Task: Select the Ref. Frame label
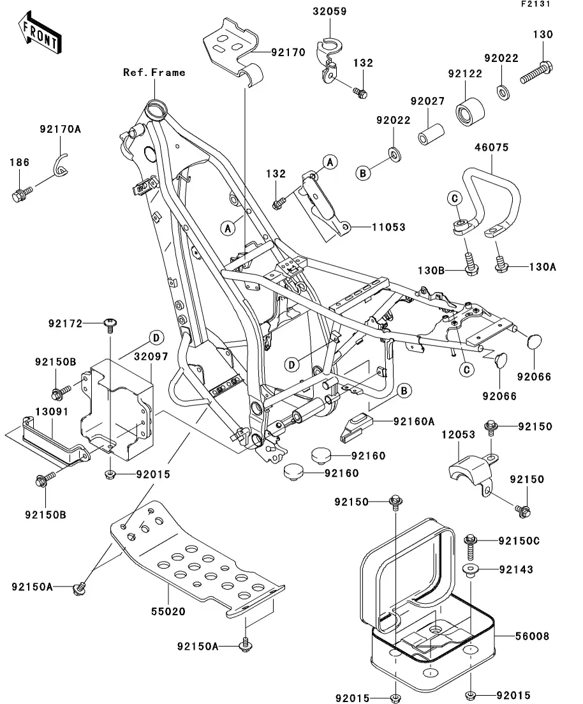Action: click(154, 72)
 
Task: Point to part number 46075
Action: click(491, 147)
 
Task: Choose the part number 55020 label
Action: click(168, 611)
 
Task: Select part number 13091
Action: click(34, 411)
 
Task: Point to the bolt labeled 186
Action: click(19, 192)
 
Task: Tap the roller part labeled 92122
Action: click(469, 114)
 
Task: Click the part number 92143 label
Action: click(516, 569)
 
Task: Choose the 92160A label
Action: click(413, 421)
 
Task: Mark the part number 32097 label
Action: click(151, 357)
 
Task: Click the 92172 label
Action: click(65, 324)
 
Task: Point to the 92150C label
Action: click(519, 541)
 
